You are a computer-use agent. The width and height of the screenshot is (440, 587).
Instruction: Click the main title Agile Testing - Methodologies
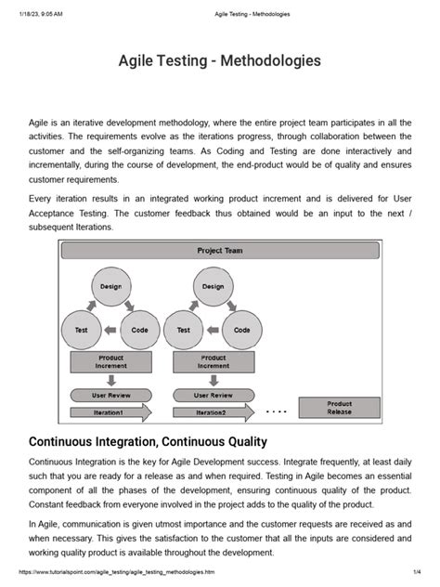click(x=220, y=61)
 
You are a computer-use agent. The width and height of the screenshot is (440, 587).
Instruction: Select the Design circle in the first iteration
click(x=111, y=287)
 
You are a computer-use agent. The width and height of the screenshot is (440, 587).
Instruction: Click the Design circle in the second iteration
click(x=213, y=287)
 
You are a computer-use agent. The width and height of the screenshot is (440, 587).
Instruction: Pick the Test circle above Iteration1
click(x=82, y=330)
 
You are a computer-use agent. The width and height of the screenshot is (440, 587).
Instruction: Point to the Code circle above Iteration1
click(x=140, y=330)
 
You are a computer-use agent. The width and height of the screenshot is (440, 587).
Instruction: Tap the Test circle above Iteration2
click(x=184, y=330)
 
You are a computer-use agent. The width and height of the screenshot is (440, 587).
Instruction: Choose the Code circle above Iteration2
click(x=242, y=330)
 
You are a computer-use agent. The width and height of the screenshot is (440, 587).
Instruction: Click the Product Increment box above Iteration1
click(x=111, y=361)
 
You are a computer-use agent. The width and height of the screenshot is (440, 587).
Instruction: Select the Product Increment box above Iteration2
click(x=213, y=361)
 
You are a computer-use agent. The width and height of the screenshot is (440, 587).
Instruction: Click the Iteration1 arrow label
click(x=110, y=412)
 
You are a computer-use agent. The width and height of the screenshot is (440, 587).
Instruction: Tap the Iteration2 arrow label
click(x=212, y=412)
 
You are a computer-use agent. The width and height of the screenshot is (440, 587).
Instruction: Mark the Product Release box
click(x=339, y=408)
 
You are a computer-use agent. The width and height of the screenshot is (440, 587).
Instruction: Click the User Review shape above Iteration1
click(x=111, y=395)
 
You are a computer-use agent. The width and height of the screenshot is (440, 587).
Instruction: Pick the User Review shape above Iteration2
click(x=213, y=395)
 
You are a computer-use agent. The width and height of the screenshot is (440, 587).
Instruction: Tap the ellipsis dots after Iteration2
click(x=277, y=411)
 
